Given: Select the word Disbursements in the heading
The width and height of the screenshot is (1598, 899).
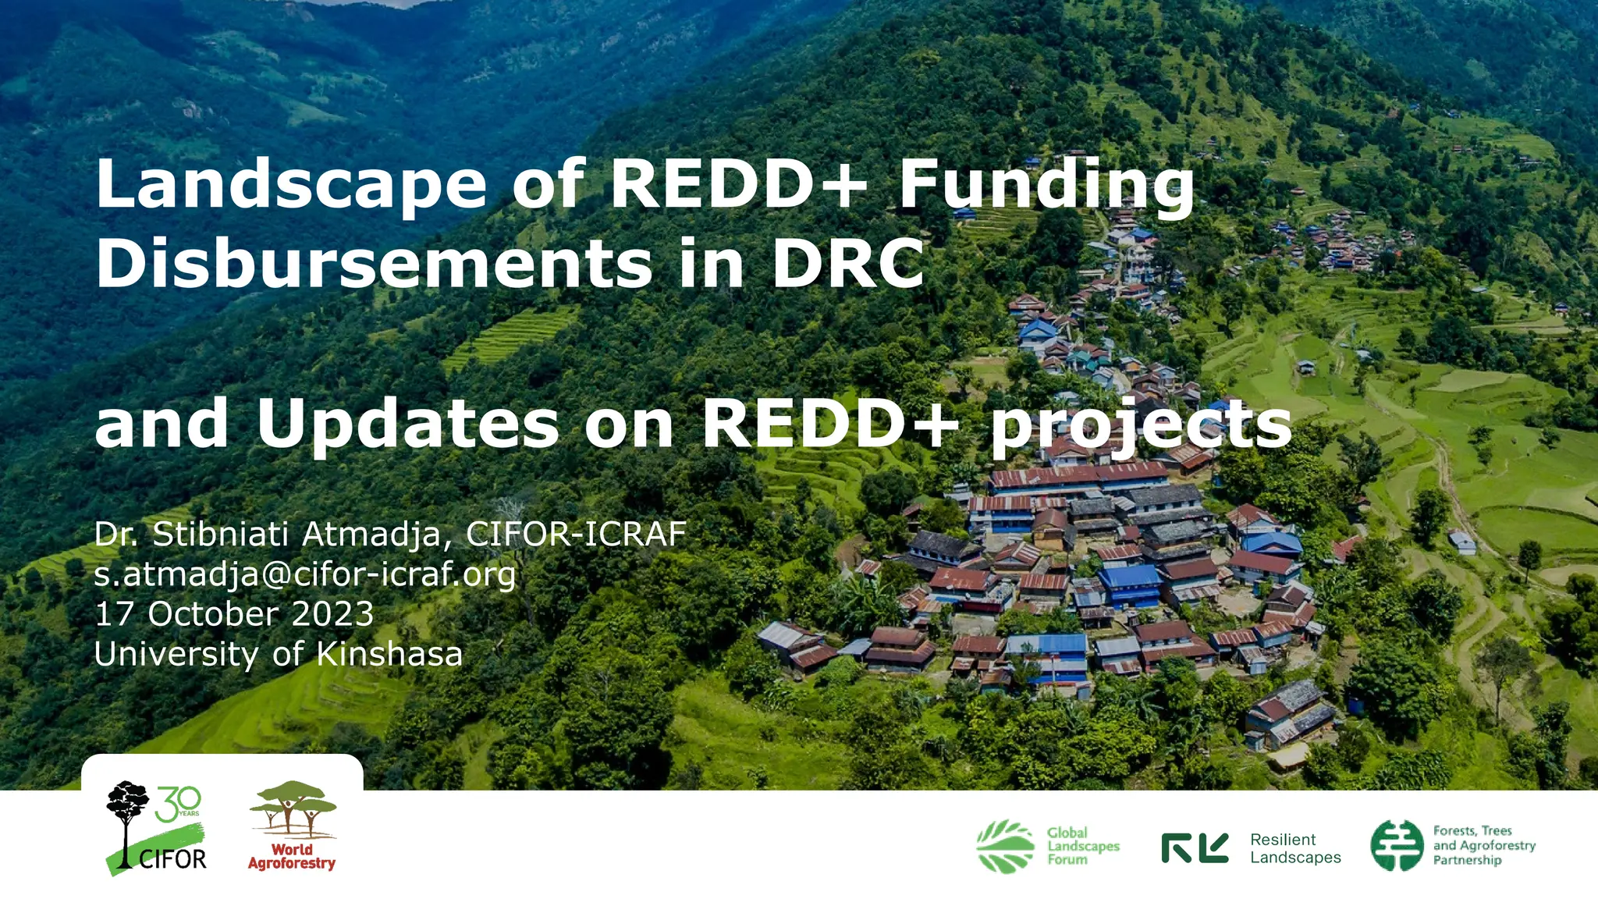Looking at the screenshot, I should click(374, 263).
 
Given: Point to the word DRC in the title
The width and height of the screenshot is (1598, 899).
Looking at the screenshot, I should click(847, 263).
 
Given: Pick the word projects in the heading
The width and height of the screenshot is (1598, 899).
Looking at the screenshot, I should click(1141, 425).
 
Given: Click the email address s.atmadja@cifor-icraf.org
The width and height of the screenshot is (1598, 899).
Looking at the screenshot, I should click(305, 574).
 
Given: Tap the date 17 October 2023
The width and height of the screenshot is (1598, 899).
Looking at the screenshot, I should click(234, 614).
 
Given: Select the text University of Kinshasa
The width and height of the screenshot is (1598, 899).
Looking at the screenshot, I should click(279, 654).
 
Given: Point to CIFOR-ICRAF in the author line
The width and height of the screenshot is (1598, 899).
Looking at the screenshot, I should click(576, 535).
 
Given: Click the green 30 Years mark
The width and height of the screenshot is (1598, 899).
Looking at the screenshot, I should click(178, 804).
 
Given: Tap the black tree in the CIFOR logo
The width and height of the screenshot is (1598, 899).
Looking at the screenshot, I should click(126, 812).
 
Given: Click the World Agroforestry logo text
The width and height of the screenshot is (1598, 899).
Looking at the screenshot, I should click(292, 856).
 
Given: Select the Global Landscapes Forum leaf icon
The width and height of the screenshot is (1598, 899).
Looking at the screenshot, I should click(1006, 846).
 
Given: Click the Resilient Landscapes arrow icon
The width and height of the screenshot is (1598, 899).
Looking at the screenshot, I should click(1195, 847).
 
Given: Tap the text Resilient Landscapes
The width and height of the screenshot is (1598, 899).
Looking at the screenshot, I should click(1295, 848).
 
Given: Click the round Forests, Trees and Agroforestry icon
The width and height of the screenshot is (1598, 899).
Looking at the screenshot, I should click(1397, 845).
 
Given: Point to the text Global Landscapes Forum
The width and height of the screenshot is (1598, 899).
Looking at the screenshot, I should click(1083, 846).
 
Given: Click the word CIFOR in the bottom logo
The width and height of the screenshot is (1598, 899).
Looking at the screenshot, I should click(172, 859).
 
